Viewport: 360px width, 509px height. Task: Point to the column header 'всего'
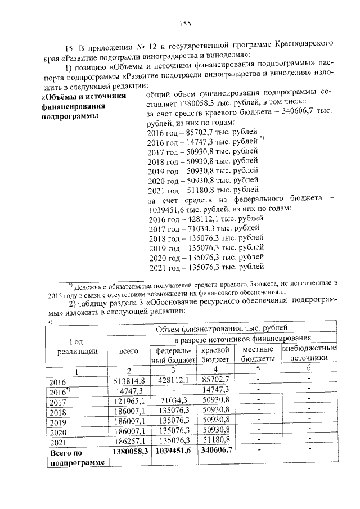click(x=129, y=352)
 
